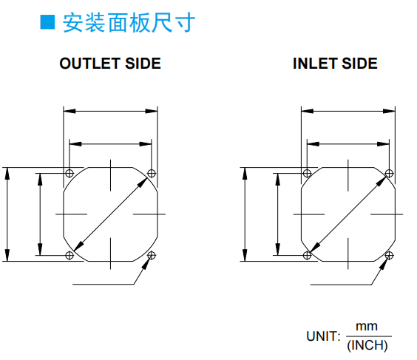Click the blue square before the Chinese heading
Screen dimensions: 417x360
47,22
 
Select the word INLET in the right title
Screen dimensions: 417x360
315,64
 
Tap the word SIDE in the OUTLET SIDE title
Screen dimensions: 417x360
143,64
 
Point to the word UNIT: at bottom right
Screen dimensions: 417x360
323,336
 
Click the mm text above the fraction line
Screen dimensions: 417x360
367,327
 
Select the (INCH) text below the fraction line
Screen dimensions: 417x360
367,345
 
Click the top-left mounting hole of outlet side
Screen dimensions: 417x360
69,174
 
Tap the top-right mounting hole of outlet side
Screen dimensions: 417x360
152,174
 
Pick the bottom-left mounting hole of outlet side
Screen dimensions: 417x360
69,256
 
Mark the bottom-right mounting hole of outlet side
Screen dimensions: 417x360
152,256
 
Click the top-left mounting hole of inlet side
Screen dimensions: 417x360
307,174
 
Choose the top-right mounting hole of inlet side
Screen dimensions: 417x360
389,174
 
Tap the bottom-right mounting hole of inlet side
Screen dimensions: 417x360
389,256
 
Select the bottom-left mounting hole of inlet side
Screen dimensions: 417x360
307,256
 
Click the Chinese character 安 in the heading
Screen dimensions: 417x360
72,22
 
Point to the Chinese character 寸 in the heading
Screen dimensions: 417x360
186,22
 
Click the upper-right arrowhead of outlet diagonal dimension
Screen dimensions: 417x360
143,183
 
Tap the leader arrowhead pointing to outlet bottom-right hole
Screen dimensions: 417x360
146,262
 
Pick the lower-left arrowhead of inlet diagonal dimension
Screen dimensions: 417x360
314,248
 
